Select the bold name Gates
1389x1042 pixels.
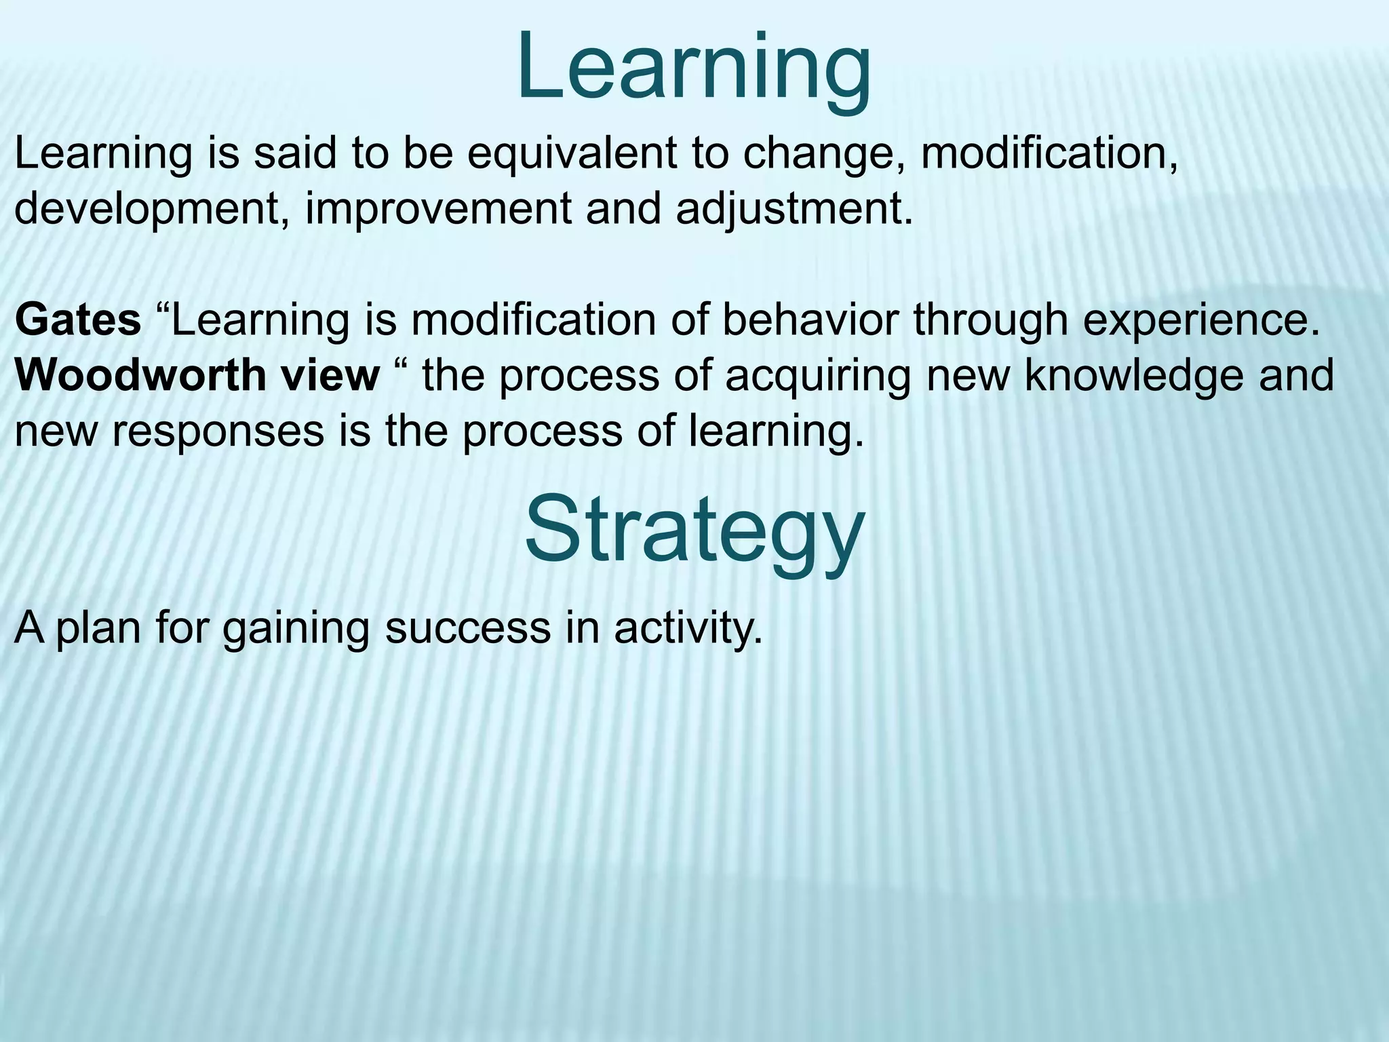click(x=77, y=320)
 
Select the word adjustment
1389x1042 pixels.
click(x=794, y=209)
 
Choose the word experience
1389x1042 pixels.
click(x=1201, y=321)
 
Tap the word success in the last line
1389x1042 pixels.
click(x=468, y=628)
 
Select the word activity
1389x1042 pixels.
click(x=688, y=628)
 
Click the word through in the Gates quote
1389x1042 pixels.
click(x=991, y=321)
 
